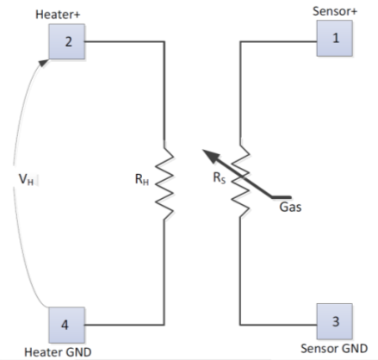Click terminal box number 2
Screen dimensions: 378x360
pos(67,41)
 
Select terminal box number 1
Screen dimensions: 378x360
pos(335,38)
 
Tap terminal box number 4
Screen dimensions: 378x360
pos(67,325)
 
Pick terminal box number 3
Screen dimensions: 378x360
pos(335,321)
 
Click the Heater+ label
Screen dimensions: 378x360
pos(58,15)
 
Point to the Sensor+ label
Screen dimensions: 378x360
pos(335,11)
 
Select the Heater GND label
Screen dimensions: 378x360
pos(58,352)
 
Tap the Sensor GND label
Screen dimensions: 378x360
pos(334,349)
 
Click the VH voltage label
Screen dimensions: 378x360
pos(26,179)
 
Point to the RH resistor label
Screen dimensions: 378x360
pos(142,179)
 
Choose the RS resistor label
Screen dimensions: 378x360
pos(220,177)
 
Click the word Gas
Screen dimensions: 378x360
pos(290,207)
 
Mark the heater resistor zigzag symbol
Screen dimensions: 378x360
pos(164,180)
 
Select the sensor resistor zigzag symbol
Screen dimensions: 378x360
pos(240,178)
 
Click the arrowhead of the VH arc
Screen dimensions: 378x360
pos(44,63)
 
